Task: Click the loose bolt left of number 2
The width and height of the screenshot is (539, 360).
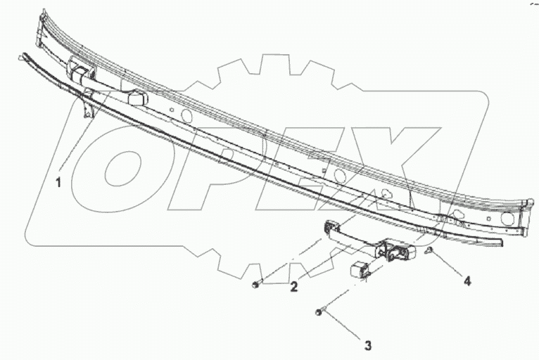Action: (256, 285)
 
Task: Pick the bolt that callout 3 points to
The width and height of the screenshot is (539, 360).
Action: (320, 311)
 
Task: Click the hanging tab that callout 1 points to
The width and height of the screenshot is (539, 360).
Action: (87, 108)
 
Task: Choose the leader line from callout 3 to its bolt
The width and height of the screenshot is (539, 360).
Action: (343, 327)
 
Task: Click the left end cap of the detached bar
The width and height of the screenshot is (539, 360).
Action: (330, 229)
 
